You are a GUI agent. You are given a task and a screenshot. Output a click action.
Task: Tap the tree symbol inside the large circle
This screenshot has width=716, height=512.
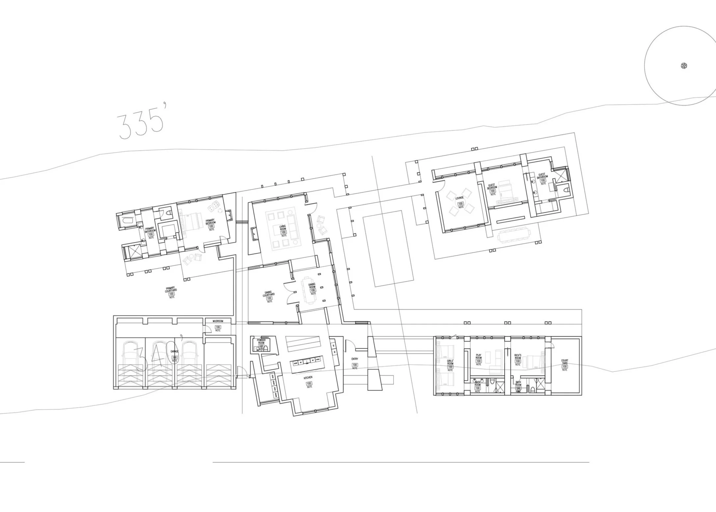pyautogui.click(x=684, y=66)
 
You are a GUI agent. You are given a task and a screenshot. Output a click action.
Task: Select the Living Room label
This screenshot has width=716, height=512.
pyautogui.click(x=283, y=227)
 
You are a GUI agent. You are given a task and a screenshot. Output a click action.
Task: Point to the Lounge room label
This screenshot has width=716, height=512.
pyautogui.click(x=460, y=198)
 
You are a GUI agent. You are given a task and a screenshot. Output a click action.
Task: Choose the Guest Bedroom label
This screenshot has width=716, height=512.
pyautogui.click(x=492, y=187)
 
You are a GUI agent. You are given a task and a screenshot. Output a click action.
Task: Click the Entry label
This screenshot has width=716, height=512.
pyautogui.click(x=355, y=359)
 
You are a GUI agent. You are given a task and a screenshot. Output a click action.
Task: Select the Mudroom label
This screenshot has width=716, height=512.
pyautogui.click(x=218, y=321)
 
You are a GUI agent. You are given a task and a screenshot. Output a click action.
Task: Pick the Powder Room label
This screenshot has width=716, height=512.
pyautogui.click(x=261, y=341)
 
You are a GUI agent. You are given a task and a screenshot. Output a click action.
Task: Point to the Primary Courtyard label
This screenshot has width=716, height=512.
pyautogui.click(x=171, y=290)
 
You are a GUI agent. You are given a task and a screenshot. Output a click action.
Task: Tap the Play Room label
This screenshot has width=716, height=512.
pyautogui.click(x=479, y=357)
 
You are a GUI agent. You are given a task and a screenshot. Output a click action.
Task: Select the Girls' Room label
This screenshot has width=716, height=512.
pyautogui.click(x=450, y=362)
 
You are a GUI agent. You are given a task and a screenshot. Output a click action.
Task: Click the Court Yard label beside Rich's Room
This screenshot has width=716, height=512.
pyautogui.click(x=565, y=362)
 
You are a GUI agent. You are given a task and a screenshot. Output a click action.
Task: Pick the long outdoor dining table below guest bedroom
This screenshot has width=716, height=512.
pyautogui.click(x=514, y=235)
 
